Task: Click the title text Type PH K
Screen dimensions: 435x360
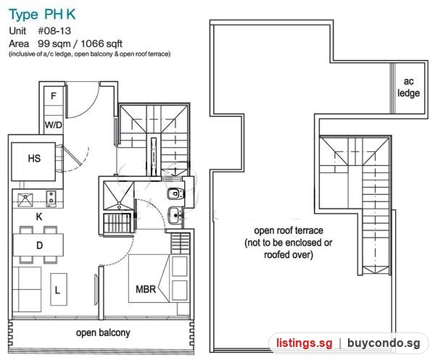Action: click(x=42, y=14)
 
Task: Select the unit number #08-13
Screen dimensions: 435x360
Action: click(x=54, y=30)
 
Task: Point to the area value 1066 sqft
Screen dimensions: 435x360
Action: click(x=101, y=43)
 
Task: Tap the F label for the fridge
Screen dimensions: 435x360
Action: click(x=53, y=96)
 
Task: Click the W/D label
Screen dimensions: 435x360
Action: click(x=53, y=125)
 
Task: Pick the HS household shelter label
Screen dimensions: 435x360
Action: click(x=34, y=159)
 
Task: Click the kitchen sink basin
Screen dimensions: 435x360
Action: click(x=25, y=200)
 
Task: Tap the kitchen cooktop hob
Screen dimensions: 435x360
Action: click(x=51, y=198)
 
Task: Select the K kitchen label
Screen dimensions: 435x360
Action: click(x=39, y=217)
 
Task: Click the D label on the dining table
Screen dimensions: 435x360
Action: click(x=39, y=246)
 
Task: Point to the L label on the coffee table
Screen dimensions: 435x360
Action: click(x=57, y=290)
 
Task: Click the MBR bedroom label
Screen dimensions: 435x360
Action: click(x=146, y=289)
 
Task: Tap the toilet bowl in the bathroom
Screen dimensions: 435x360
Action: click(x=176, y=193)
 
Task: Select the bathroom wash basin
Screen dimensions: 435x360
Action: click(x=175, y=215)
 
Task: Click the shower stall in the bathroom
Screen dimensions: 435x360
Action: click(x=118, y=196)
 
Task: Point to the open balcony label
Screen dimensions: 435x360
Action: click(x=103, y=333)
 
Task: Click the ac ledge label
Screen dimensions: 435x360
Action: click(x=408, y=87)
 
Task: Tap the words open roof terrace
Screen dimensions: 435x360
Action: click(x=289, y=230)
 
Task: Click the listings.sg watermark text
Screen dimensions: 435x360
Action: click(x=304, y=343)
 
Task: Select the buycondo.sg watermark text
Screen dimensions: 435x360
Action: click(x=384, y=343)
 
